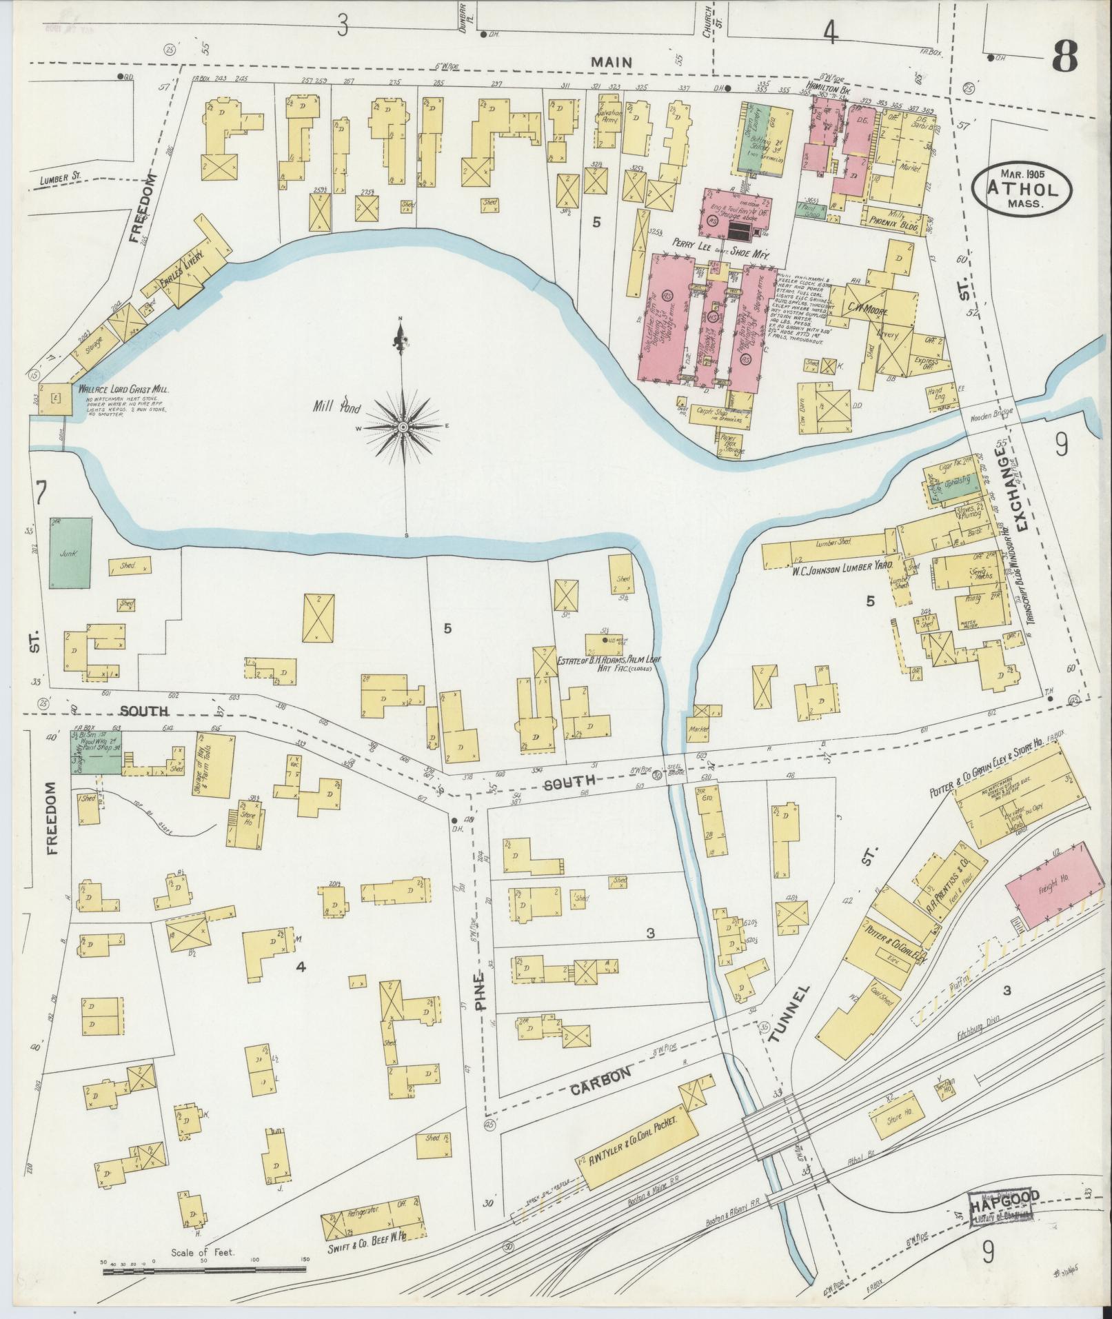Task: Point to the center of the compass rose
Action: [402, 427]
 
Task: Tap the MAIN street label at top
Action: [612, 62]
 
